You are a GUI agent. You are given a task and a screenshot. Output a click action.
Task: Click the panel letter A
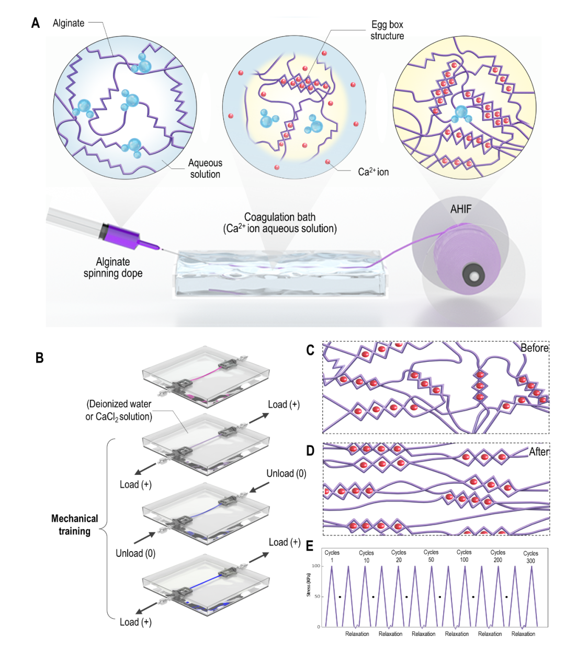36,23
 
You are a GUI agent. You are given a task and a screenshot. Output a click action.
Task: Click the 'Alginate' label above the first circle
69,23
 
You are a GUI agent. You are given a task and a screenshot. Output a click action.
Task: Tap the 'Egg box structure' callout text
387,30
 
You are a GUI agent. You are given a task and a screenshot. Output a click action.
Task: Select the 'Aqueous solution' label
205,168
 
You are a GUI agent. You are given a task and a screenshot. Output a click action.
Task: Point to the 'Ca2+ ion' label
373,172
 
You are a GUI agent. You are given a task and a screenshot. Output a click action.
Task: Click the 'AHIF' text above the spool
461,209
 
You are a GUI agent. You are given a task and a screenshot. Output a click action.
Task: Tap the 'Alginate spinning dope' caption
113,267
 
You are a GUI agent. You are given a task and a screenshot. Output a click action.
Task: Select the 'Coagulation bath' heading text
280,217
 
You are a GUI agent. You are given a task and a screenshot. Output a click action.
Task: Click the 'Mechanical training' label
74,524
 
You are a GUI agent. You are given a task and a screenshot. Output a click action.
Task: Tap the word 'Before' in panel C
534,348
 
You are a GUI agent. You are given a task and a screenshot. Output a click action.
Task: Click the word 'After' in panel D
539,451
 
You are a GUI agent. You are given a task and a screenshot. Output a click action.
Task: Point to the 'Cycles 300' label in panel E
530,557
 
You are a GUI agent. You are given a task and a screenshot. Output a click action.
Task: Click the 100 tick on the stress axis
316,566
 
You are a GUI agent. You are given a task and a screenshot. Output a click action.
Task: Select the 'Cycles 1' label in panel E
332,556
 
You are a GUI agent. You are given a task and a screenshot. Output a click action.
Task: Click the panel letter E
310,546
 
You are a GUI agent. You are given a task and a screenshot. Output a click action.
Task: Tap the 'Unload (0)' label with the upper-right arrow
286,473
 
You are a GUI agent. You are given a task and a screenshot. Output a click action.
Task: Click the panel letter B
39,358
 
